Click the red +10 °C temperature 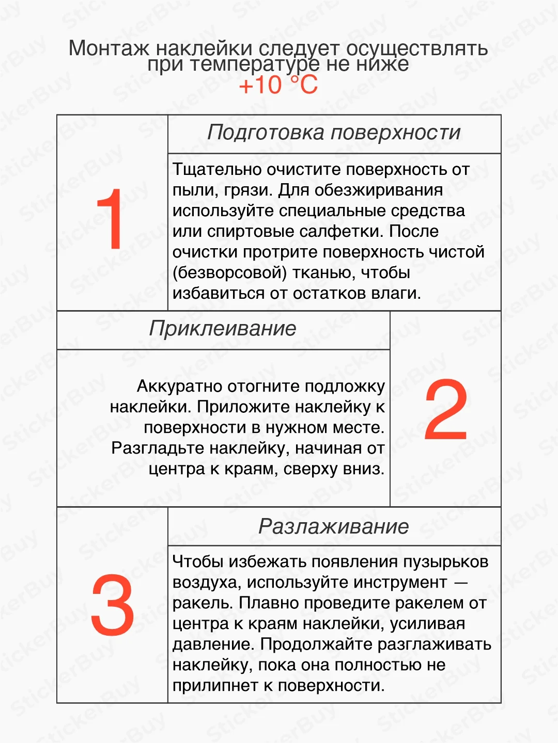click(x=278, y=85)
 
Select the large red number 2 click(x=446, y=410)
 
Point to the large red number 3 click(x=112, y=605)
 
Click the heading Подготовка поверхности click(x=334, y=133)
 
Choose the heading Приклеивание click(x=223, y=329)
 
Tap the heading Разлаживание click(x=334, y=527)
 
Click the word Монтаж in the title click(x=109, y=49)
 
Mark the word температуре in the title click(x=254, y=64)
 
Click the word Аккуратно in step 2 click(x=179, y=386)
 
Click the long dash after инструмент click(x=460, y=583)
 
